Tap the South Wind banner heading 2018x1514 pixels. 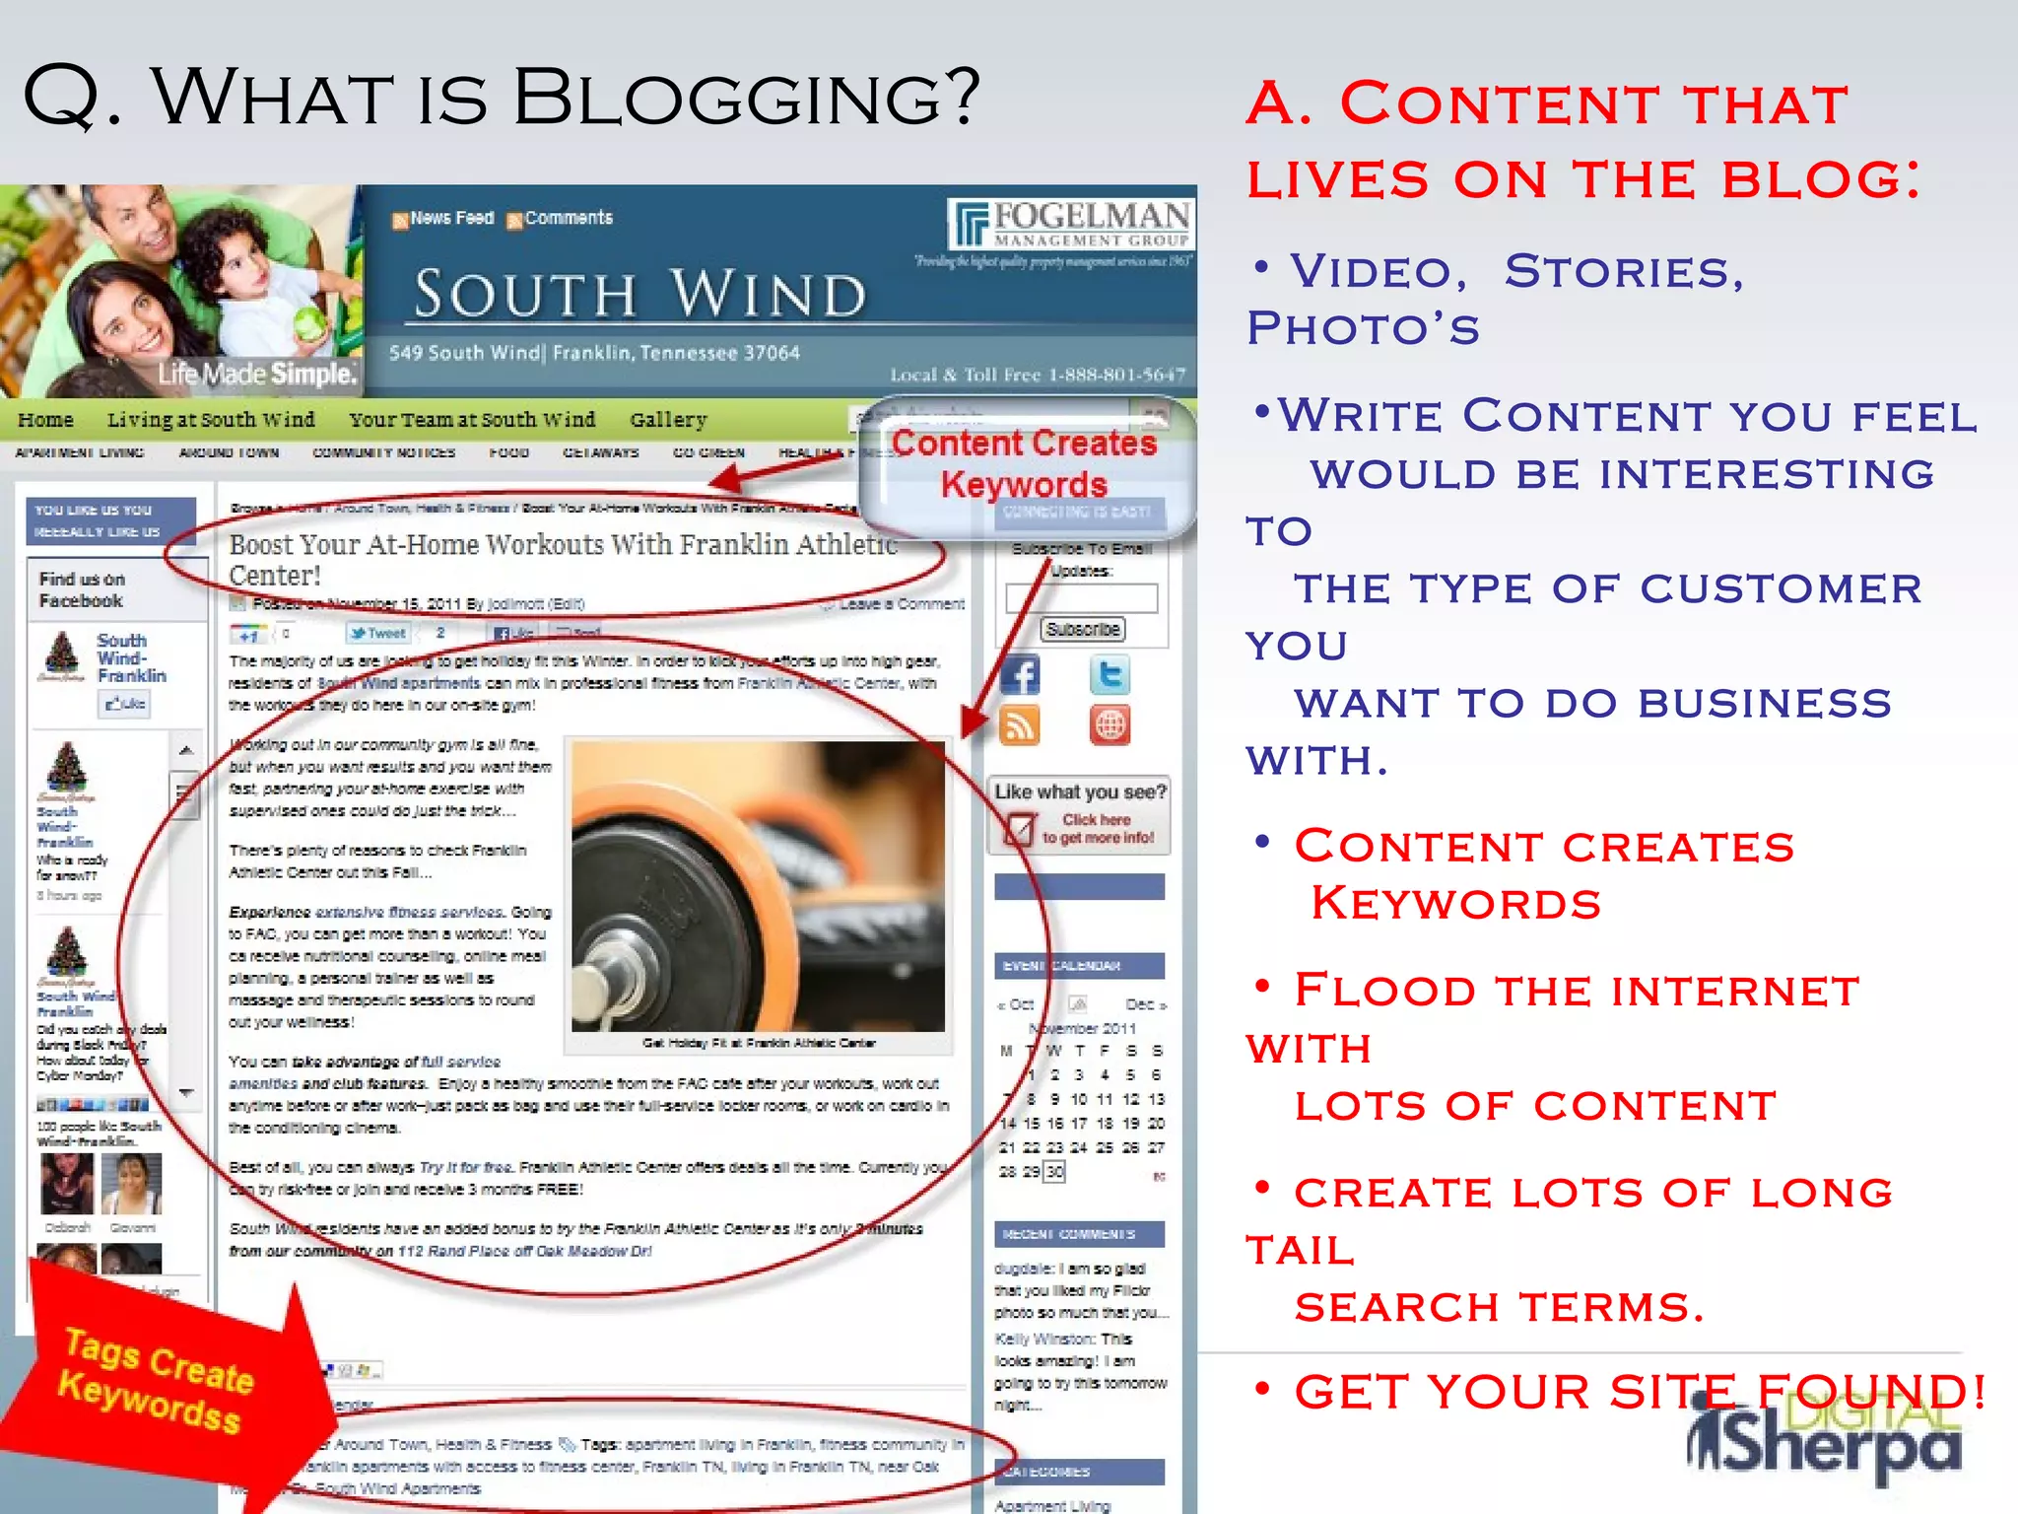(640, 294)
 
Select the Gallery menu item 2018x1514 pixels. (668, 420)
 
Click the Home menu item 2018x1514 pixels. (45, 420)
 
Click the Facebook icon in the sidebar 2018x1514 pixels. (1020, 675)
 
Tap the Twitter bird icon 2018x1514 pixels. (1110, 675)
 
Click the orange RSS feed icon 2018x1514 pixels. (1020, 725)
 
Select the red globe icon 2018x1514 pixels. (1110, 725)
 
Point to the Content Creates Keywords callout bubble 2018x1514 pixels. (1025, 465)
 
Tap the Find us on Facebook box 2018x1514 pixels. (83, 589)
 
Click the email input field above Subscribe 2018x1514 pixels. (1082, 597)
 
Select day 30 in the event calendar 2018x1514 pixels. (1054, 1172)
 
